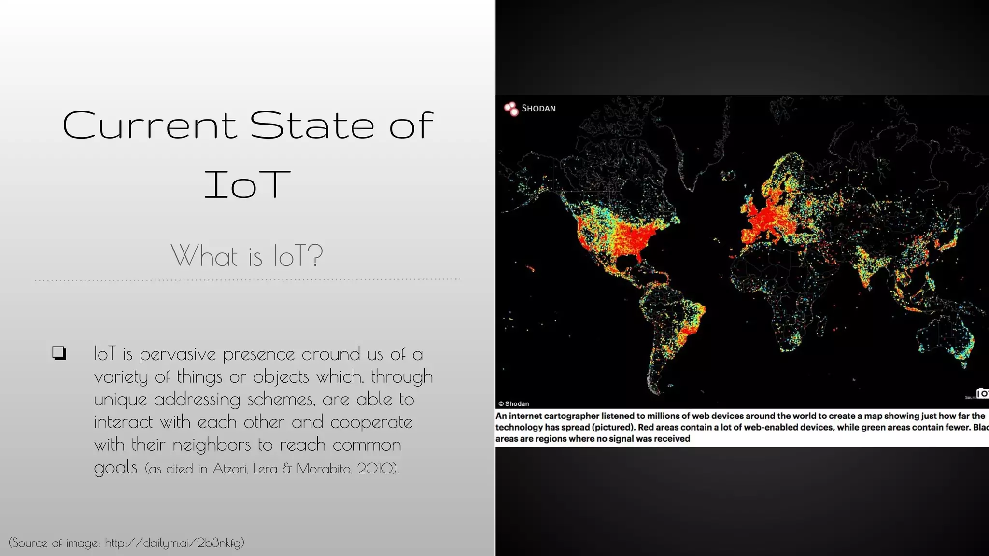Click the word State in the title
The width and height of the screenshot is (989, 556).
312,125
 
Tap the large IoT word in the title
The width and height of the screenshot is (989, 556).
247,185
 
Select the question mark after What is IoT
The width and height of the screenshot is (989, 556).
315,255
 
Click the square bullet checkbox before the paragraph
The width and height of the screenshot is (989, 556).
59,353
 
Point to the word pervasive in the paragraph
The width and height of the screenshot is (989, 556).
178,355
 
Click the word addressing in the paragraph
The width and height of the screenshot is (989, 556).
197,400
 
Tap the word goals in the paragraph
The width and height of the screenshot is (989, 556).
115,468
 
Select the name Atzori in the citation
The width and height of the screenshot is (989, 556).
230,469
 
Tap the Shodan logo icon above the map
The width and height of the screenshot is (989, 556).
510,109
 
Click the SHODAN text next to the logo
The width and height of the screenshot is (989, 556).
538,109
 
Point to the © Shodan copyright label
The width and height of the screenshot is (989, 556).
514,404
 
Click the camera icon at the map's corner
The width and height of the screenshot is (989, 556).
982,393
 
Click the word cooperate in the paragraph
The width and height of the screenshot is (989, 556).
371,422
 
